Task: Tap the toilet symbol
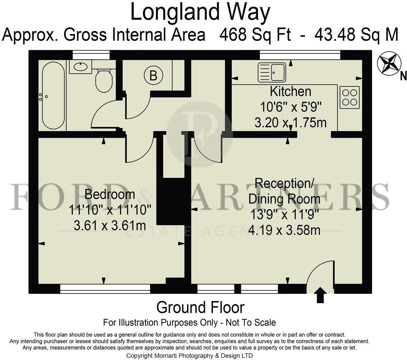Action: click(x=104, y=79)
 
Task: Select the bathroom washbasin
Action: click(x=81, y=67)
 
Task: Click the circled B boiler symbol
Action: click(x=153, y=76)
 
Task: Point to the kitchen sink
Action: click(x=272, y=72)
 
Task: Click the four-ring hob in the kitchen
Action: click(x=350, y=97)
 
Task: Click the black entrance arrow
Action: click(x=321, y=295)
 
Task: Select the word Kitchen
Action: click(x=291, y=91)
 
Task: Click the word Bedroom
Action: click(x=110, y=194)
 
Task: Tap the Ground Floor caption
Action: click(x=200, y=308)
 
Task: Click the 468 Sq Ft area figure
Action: click(x=255, y=35)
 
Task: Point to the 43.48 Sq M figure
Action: click(x=356, y=35)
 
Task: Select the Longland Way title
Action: click(x=200, y=12)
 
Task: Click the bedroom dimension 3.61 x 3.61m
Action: click(x=110, y=225)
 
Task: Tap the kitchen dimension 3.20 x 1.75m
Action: click(x=291, y=123)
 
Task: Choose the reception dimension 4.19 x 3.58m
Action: click(x=284, y=230)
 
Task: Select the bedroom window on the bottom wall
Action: click(x=105, y=288)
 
